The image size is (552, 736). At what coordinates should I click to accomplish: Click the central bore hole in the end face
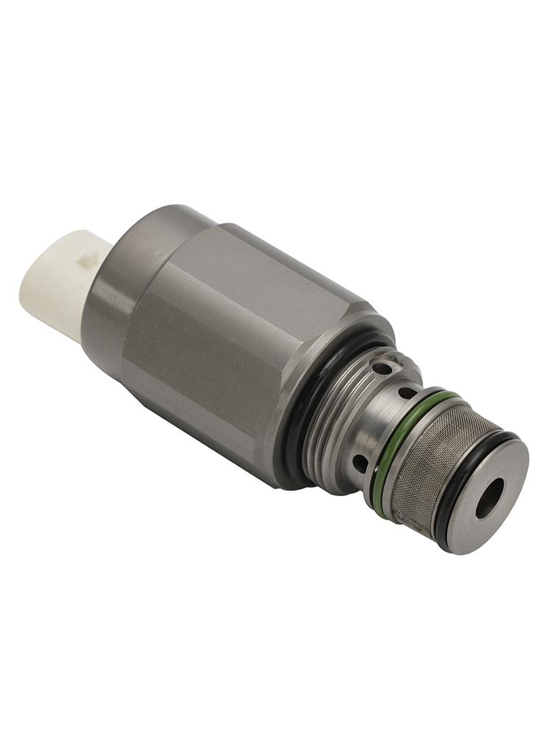pyautogui.click(x=491, y=500)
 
